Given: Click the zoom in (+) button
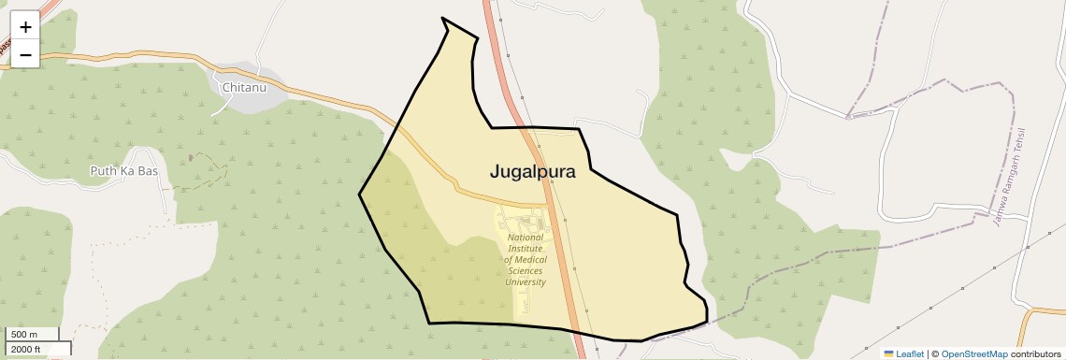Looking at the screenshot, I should [25, 27].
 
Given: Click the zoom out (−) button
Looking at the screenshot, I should [25, 54].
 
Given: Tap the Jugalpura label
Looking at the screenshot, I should [532, 172].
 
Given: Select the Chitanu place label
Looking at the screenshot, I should [244, 88].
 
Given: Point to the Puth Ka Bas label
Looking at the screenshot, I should [123, 171].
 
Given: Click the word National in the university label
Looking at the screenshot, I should [526, 238].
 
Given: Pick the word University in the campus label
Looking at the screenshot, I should [526, 281].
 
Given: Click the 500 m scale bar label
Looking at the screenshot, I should [23, 335].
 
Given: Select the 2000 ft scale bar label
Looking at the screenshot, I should [25, 349].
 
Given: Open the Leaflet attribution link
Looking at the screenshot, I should [910, 353].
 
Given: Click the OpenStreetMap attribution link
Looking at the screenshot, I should [973, 353].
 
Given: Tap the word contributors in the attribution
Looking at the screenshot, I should [1036, 353].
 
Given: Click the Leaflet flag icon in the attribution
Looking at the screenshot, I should [888, 353].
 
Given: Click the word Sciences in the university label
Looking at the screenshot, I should [526, 271].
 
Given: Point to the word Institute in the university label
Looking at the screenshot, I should [526, 249].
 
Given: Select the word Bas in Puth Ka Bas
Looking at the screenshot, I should [148, 171].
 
